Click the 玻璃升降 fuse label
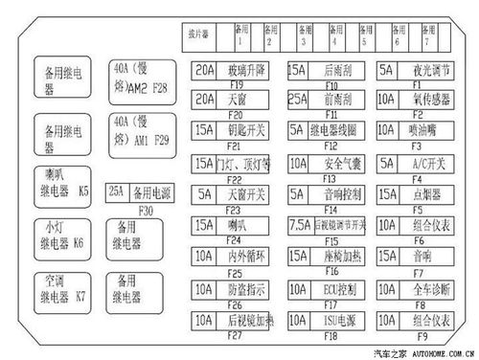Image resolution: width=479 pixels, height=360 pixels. pos(246,70)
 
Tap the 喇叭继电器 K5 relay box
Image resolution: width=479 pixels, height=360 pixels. pos(60,183)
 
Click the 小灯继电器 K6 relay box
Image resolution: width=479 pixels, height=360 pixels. pos(60,235)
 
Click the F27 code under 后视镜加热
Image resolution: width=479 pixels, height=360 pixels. pos(234,336)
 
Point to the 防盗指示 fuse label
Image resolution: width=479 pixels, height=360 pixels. pos(246,288)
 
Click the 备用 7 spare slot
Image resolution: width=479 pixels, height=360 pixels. pos(426,35)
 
